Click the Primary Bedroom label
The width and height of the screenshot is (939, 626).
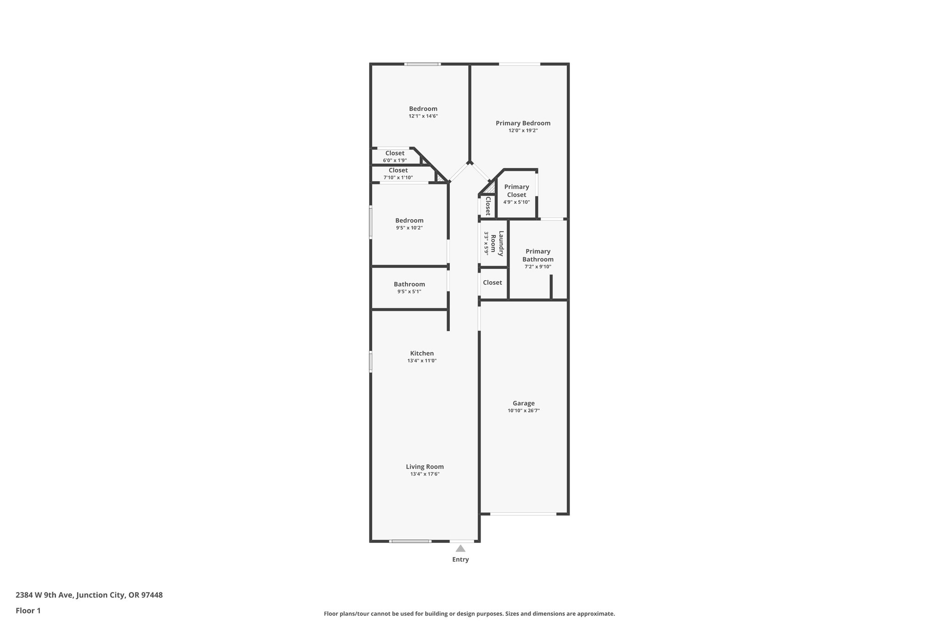(x=523, y=123)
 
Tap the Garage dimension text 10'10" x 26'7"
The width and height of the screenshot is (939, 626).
(x=524, y=411)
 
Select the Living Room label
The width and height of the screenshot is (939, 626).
(x=425, y=467)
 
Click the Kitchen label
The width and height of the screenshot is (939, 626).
(x=422, y=353)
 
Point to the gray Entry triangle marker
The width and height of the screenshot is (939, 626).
(x=460, y=548)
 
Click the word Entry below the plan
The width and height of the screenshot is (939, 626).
(x=460, y=560)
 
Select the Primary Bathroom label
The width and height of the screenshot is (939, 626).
(x=538, y=255)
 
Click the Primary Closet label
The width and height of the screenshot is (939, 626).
(x=517, y=190)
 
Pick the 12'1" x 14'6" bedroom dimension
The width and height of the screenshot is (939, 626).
(x=423, y=116)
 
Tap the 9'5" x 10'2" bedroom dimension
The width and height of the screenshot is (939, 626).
(x=409, y=228)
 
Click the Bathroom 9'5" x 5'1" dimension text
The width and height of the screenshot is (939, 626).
(x=409, y=292)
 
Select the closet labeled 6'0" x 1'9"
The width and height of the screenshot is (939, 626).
(x=395, y=156)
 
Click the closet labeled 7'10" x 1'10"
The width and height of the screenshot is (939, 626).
(x=398, y=173)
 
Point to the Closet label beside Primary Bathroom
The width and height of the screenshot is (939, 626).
(x=492, y=283)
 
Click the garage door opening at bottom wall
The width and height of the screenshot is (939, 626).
(x=523, y=514)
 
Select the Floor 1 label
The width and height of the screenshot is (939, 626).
(x=28, y=611)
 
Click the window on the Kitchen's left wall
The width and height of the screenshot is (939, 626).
(x=371, y=361)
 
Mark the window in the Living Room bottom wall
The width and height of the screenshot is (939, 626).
(x=410, y=541)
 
